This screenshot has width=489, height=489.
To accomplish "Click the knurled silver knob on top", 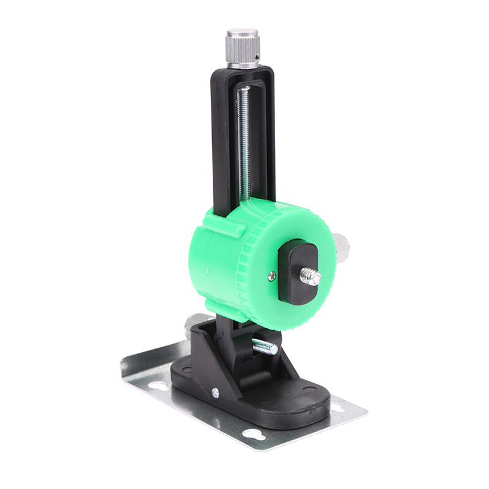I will (243, 46).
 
